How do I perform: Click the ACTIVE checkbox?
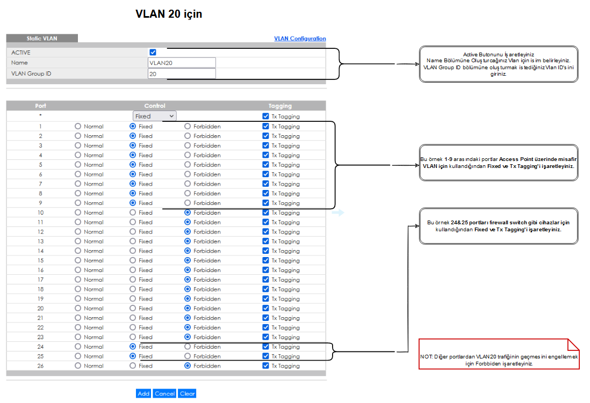coord(153,52)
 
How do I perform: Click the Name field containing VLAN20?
coord(182,63)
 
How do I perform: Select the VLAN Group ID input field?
coord(182,74)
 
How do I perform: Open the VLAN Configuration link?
coord(300,38)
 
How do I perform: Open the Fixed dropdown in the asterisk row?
coord(155,116)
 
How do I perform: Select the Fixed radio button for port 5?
coord(133,165)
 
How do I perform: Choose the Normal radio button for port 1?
coord(78,126)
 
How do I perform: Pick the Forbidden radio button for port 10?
coord(188,213)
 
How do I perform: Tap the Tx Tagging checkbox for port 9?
coord(265,203)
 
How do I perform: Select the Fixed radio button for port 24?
coord(133,347)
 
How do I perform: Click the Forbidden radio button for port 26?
coord(188,366)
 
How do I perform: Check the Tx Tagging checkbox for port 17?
coord(265,280)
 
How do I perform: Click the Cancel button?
coord(164,393)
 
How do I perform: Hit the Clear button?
coord(187,393)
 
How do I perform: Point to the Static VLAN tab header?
coord(42,38)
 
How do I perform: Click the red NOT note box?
coord(499,354)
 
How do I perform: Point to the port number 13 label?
coord(40,241)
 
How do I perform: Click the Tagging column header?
coord(280,106)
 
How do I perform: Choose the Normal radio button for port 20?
coord(78,308)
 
